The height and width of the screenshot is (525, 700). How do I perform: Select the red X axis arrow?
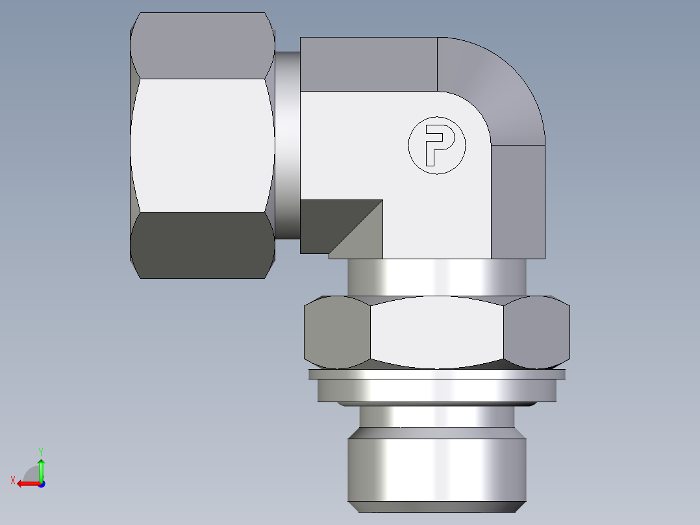[26, 483]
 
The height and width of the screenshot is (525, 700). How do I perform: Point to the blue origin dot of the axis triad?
[41, 483]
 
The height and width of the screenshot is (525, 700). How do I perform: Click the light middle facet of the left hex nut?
[201, 146]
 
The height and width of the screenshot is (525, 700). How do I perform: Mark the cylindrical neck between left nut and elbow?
[287, 146]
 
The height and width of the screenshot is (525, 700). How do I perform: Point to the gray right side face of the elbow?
[518, 201]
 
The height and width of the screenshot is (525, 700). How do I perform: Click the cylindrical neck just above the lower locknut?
[436, 277]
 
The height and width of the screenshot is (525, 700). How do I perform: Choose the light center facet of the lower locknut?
[436, 331]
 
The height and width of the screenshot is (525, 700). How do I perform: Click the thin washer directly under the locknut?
[436, 374]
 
